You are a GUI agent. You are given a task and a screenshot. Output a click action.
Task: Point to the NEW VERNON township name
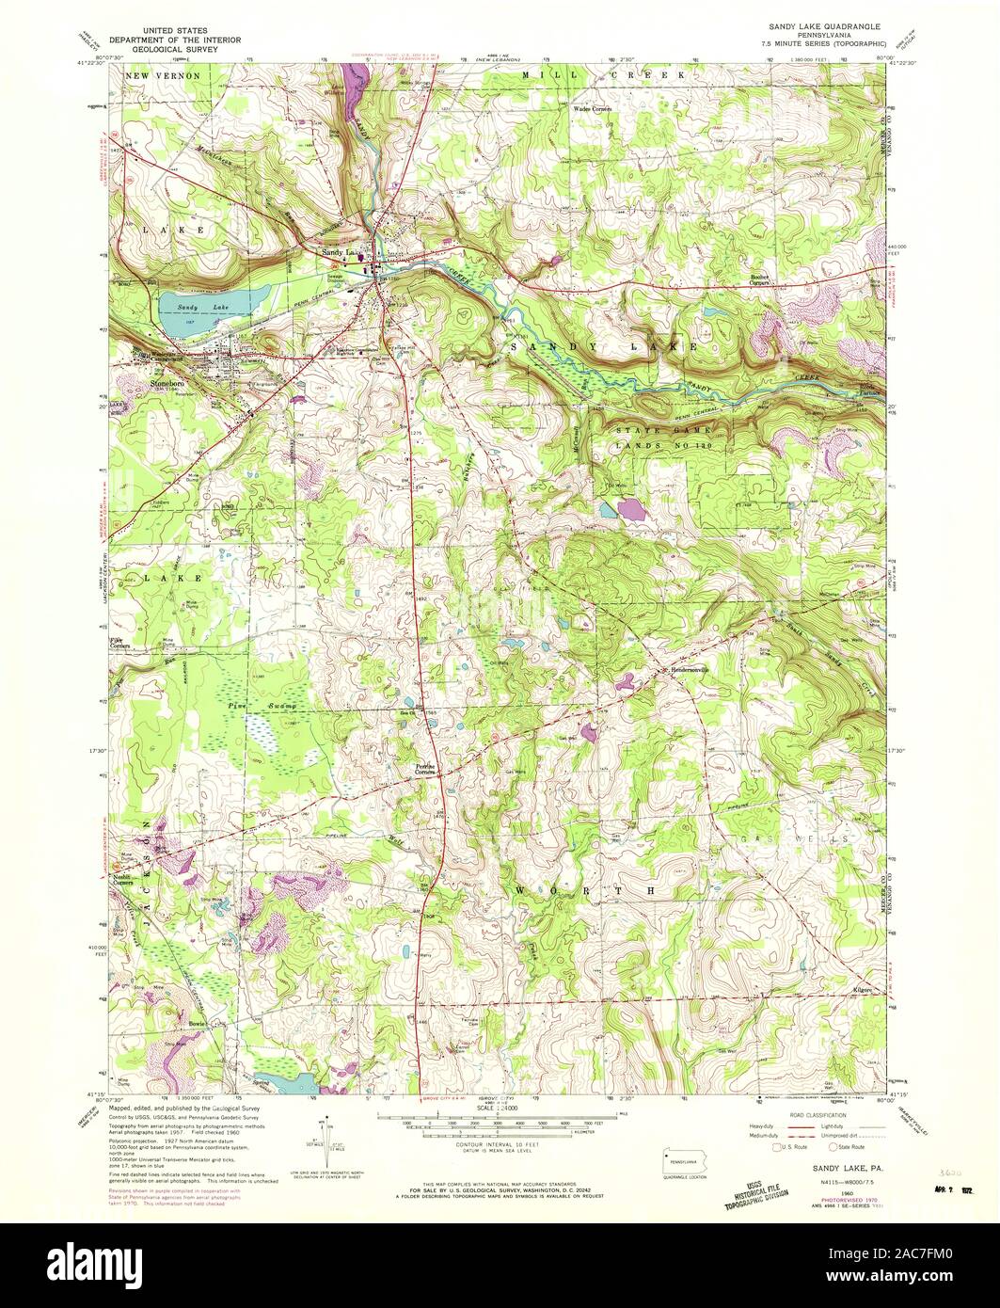166,73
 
